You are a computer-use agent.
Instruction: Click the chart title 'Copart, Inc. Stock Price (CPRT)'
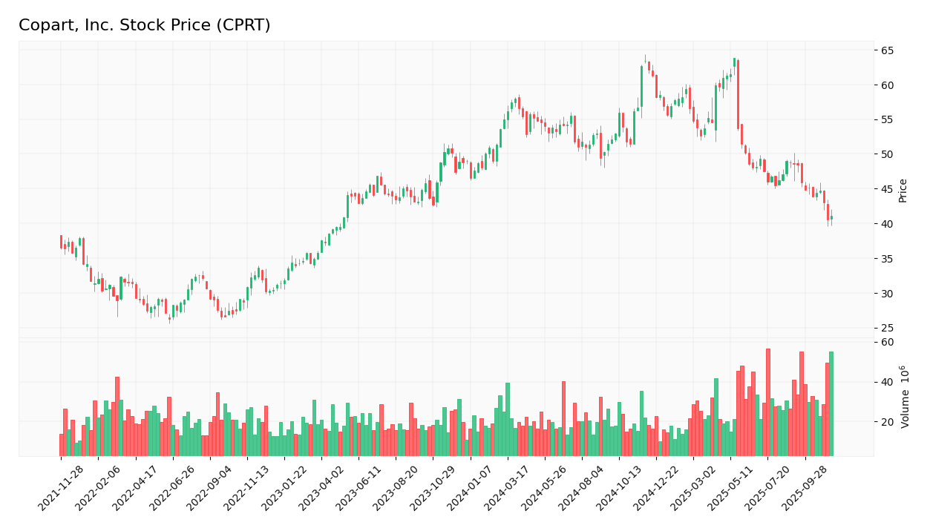pos(144,26)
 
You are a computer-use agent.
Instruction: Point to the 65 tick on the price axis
pos(887,50)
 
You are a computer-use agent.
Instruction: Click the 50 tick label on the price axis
pos(887,154)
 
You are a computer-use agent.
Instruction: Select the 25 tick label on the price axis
pos(887,328)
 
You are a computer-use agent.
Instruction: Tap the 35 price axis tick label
pos(887,259)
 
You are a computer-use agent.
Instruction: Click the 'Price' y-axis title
pos(903,191)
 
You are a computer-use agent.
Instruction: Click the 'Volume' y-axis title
pos(904,397)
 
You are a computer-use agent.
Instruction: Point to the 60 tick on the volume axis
pos(887,342)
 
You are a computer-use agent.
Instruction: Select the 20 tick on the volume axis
pos(887,421)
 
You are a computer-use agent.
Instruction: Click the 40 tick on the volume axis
pos(887,382)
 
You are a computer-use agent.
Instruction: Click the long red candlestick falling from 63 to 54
pos(738,94)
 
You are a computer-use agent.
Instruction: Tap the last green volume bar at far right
pos(831,404)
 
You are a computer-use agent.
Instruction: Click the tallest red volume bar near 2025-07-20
pos(767,402)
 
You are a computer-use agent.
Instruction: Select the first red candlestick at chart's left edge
pos(61,242)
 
